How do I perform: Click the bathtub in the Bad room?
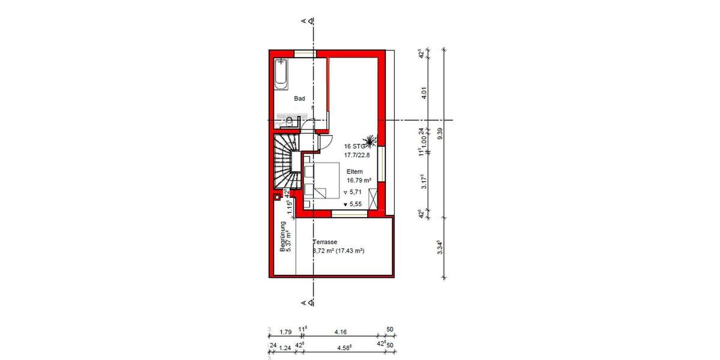pyautogui.click(x=282, y=74)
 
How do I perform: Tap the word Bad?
pyautogui.click(x=299, y=98)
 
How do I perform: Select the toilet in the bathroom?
pyautogui.click(x=289, y=122)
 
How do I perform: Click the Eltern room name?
pyautogui.click(x=355, y=171)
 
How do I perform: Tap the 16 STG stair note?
pyautogui.click(x=355, y=146)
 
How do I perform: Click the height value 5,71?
pyautogui.click(x=355, y=193)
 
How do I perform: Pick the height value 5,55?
pyautogui.click(x=355, y=204)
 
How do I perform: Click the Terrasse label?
pyautogui.click(x=325, y=242)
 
